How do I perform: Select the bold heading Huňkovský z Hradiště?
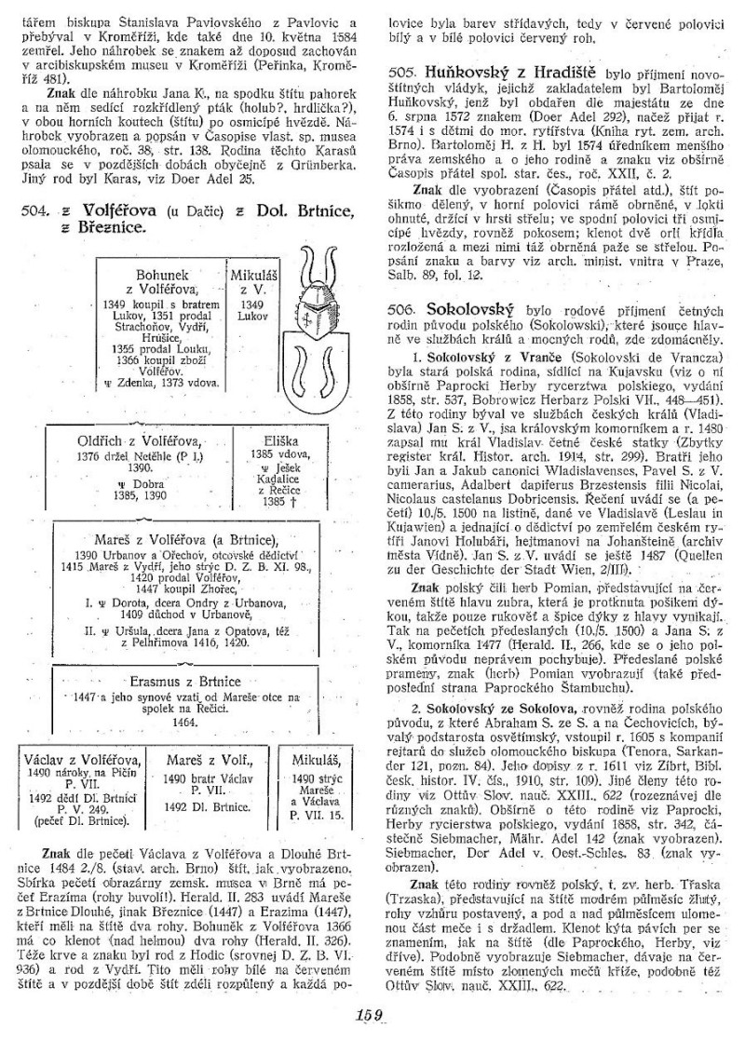[491, 72]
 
